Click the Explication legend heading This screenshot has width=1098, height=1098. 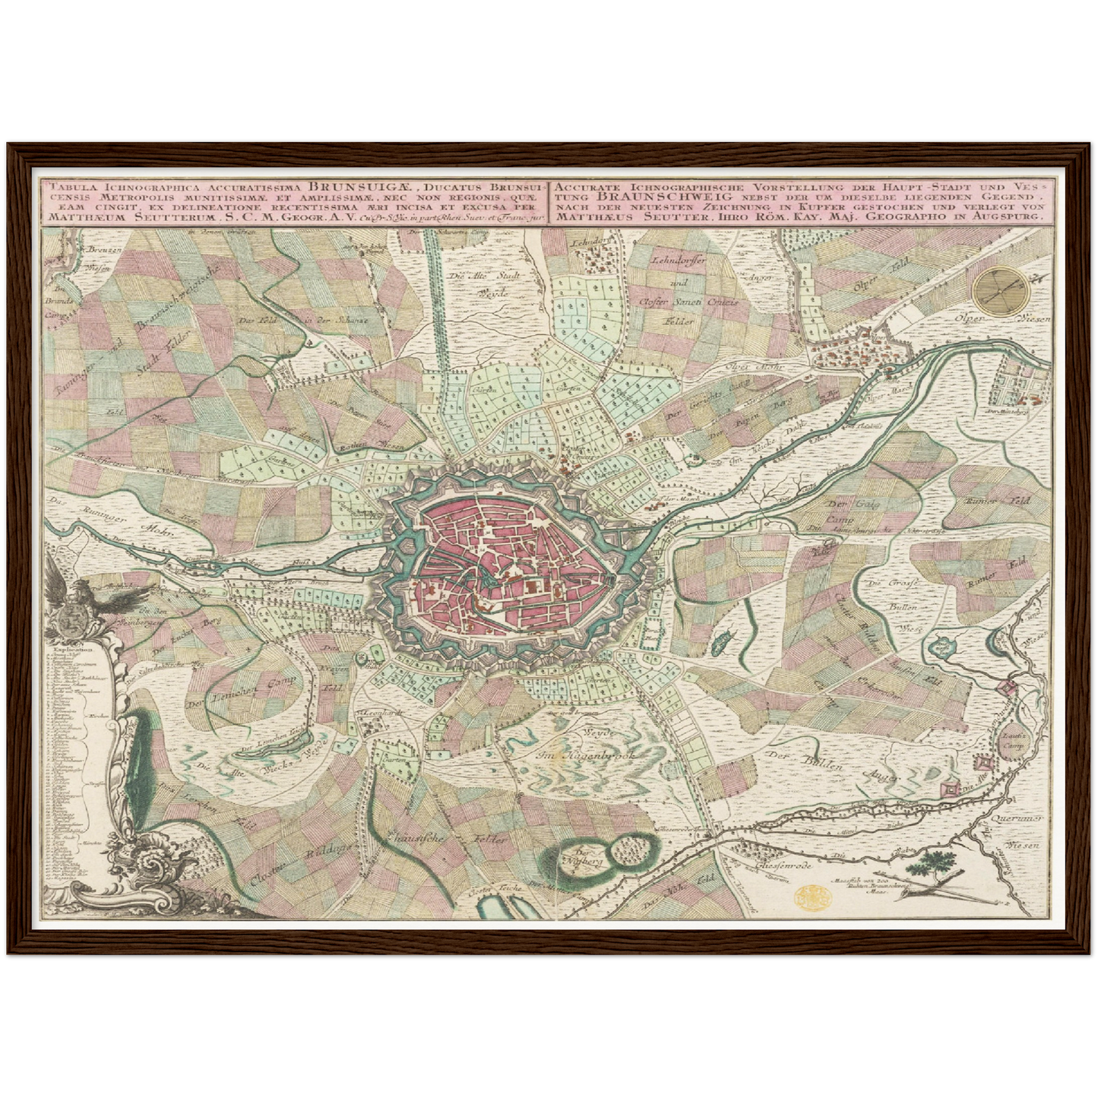tap(68, 650)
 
